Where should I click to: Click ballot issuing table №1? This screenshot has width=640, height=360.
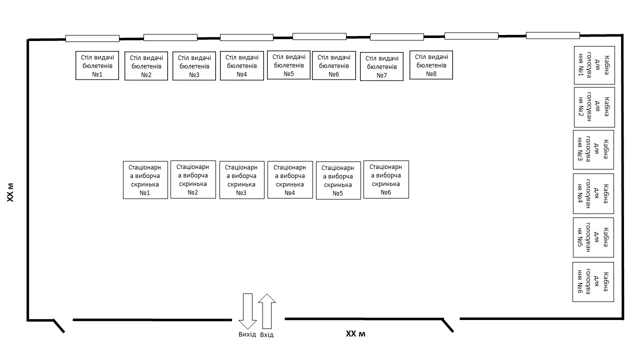97,65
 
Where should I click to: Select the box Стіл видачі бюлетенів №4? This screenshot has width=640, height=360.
241,65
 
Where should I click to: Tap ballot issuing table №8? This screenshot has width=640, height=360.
431,65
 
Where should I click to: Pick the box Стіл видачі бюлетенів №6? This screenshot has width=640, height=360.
334,65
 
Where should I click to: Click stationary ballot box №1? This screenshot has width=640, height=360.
145,180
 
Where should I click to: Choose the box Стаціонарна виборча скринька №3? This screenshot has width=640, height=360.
241,180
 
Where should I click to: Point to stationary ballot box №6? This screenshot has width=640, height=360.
386,179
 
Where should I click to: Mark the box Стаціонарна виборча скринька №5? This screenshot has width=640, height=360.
338,180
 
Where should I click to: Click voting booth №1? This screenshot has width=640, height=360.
594,65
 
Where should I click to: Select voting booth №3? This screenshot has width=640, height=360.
593,149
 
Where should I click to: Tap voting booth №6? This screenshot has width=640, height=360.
593,282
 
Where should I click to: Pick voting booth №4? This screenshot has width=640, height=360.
593,193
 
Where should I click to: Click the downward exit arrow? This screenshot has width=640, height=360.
247,311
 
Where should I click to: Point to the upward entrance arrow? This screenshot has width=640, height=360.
267,311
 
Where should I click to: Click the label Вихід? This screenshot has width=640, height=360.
247,334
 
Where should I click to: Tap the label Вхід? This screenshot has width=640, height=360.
267,334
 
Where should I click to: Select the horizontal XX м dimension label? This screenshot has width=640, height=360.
355,333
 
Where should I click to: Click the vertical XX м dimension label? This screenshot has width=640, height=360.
10,192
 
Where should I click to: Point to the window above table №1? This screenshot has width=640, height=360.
92,38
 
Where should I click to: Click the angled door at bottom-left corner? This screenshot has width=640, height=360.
59,326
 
